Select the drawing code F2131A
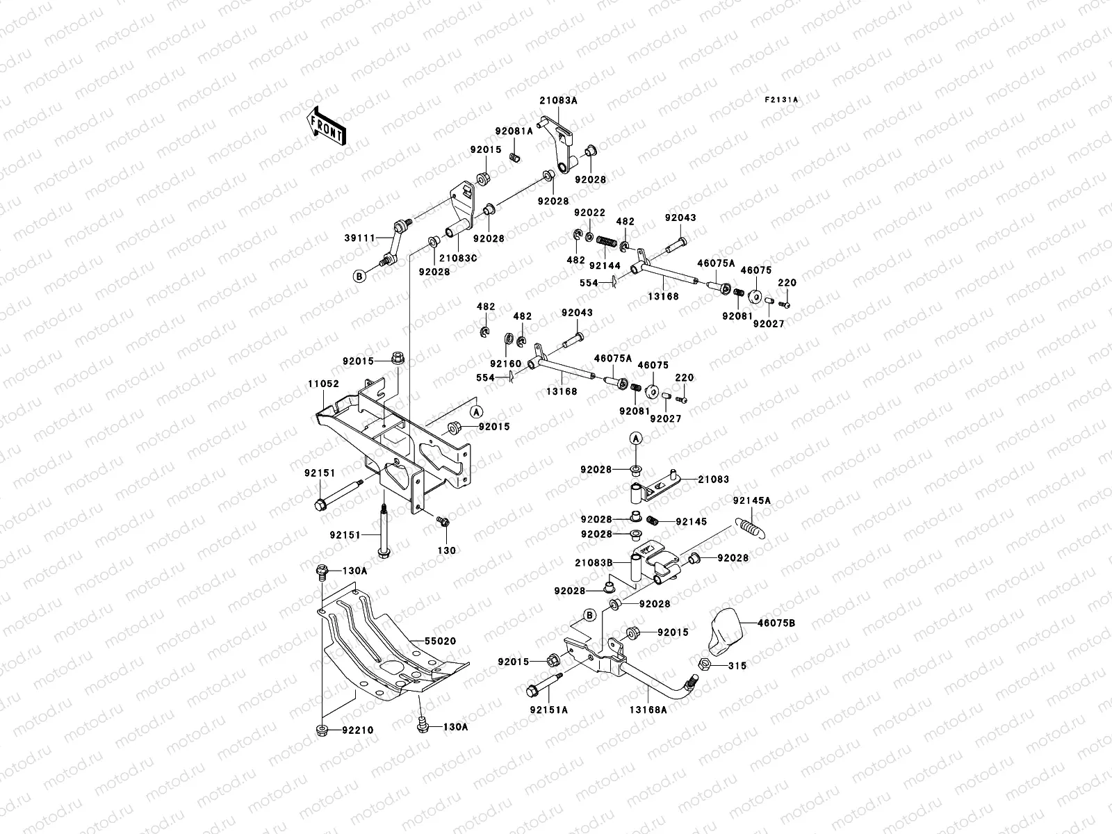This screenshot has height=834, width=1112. click(x=782, y=100)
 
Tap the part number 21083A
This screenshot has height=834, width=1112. click(x=558, y=100)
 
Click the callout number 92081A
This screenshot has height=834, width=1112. click(x=533, y=131)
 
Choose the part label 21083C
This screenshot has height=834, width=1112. click(x=458, y=258)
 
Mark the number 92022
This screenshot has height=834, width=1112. click(x=589, y=212)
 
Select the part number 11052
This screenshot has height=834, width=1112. click(x=323, y=383)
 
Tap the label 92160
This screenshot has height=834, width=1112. click(x=505, y=363)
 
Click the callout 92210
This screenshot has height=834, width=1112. click(x=357, y=730)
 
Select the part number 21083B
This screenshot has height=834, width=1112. click(x=593, y=562)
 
